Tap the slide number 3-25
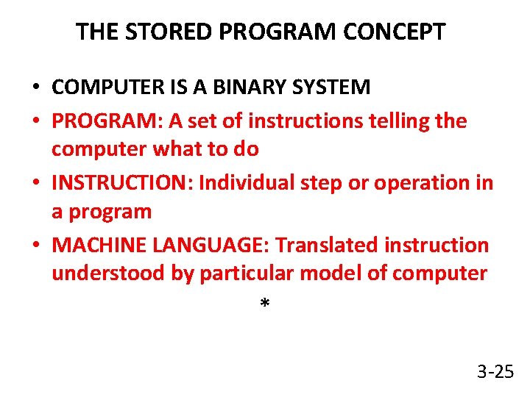click(x=495, y=371)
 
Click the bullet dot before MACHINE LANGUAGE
click(x=35, y=246)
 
